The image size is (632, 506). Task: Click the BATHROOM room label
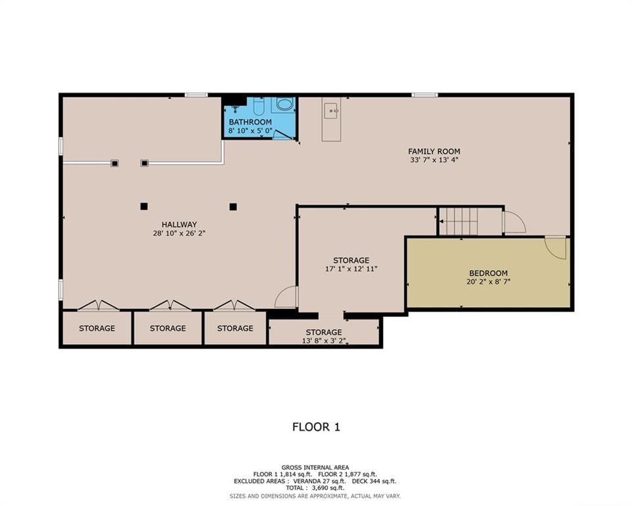point(250,122)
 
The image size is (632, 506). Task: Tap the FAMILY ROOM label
point(434,152)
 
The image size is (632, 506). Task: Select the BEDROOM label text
point(488,273)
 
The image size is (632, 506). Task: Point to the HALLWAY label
point(179,225)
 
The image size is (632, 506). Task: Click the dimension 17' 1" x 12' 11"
point(351,269)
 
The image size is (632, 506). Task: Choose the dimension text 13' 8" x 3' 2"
point(324,341)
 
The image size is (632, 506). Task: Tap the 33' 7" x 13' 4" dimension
point(434,160)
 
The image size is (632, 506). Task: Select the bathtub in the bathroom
point(284,105)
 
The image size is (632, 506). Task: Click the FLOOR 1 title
point(316,427)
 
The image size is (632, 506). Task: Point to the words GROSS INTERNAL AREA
point(315,467)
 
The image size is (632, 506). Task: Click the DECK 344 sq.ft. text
point(374,481)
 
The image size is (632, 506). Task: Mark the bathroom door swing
point(282,134)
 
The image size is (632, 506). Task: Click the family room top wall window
point(425,96)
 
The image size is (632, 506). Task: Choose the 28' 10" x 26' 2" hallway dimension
point(179,233)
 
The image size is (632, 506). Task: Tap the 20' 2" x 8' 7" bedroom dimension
point(488,281)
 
